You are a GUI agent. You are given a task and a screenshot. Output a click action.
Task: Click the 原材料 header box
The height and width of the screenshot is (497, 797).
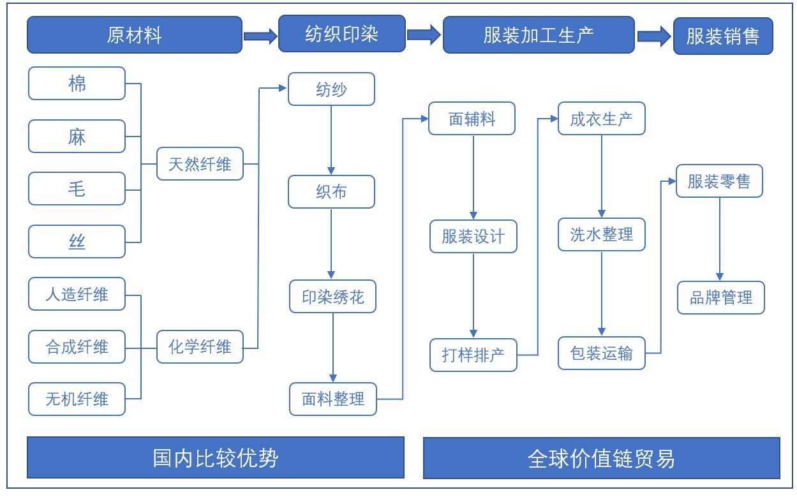coord(135,35)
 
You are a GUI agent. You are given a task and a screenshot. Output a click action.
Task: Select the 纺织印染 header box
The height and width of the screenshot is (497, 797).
coord(341,34)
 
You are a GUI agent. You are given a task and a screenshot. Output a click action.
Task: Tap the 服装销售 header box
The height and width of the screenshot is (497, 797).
coord(723,36)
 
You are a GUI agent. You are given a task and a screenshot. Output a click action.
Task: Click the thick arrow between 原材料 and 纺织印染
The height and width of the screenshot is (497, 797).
coord(260,36)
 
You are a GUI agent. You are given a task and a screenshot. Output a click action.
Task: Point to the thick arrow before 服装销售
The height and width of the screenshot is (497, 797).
coord(654,36)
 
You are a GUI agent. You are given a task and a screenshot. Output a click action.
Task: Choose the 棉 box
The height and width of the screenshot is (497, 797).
coord(77,83)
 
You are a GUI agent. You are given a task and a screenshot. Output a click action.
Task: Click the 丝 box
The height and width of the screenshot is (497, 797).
coord(77,241)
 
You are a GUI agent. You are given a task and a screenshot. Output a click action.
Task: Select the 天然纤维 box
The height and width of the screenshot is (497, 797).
coord(200,164)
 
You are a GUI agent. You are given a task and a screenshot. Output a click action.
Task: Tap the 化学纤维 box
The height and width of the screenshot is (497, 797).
coord(200,346)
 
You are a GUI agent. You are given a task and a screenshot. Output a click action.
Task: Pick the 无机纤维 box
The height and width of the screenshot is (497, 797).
coord(77,399)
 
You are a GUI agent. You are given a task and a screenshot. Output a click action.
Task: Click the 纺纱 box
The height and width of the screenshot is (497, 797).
coord(331,89)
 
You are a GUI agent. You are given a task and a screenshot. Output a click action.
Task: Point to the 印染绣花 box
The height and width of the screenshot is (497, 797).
coord(332,297)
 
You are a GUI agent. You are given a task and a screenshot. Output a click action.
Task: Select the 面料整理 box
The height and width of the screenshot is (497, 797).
coord(333,399)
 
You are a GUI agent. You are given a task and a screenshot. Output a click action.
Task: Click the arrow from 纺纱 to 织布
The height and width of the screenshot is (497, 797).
coord(331,140)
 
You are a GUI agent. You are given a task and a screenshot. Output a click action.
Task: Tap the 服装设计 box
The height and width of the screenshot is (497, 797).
coord(473,236)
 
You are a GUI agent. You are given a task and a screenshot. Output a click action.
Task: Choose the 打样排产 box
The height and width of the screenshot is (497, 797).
coord(473,355)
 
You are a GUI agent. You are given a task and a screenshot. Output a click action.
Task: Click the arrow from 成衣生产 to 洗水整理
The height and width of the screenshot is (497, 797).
coord(602,176)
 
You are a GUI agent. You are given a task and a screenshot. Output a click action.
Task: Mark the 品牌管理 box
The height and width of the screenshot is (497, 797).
coord(721,297)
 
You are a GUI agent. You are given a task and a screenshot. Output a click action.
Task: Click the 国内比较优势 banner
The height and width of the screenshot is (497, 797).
coord(216,457)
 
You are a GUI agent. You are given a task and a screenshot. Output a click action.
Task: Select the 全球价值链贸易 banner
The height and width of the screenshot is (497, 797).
coord(602,458)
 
